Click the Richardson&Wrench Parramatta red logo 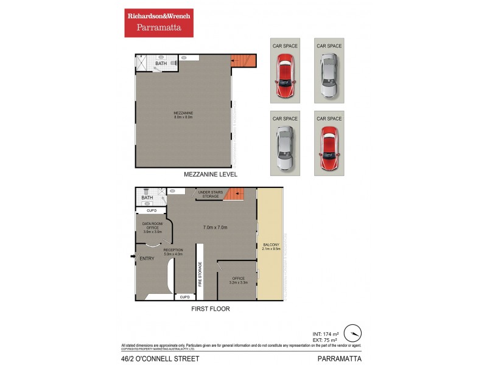159,23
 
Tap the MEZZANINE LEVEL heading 210,175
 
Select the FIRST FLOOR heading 210,308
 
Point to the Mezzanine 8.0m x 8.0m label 183,115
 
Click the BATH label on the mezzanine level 161,63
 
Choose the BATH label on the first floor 147,198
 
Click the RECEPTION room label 173,252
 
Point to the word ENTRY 147,259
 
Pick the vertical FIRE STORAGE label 199,274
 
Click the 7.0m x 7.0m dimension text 215,228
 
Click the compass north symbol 352,333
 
